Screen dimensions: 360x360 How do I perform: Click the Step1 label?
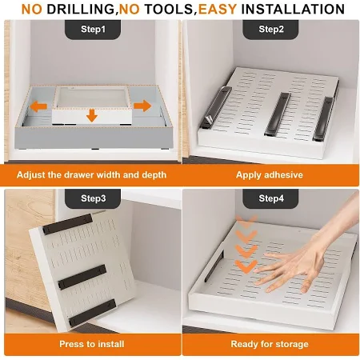93,29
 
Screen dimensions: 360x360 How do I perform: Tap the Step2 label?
271,29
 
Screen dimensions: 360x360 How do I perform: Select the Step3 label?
93,198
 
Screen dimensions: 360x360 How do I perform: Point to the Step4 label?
271,198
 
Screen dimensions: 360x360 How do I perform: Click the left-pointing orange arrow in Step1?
38,106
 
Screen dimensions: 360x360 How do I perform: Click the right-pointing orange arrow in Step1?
142,106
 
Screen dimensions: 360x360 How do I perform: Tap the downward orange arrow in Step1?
92,115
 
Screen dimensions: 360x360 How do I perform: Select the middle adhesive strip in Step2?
278,114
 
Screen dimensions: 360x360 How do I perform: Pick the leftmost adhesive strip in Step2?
215,107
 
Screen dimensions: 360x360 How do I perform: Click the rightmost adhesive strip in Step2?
323,118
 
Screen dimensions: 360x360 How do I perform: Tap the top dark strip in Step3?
67,224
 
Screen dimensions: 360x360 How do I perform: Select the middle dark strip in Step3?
82,277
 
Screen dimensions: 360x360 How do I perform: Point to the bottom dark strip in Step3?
93,313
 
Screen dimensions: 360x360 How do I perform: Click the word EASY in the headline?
218,9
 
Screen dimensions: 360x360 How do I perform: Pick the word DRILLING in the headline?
81,9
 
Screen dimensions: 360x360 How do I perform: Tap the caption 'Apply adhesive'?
270,175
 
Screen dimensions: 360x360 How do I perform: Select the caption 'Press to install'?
92,344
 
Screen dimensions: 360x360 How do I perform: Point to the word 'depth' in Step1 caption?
154,175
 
